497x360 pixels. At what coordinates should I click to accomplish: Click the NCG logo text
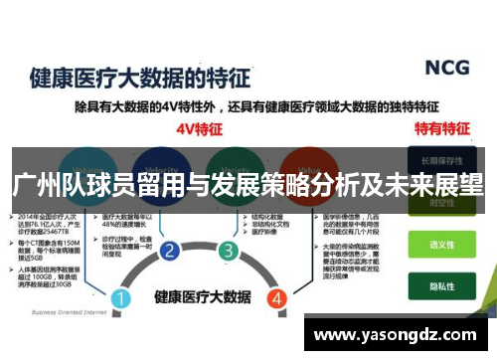coord(447,68)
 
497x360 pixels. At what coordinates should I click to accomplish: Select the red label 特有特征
coord(441,129)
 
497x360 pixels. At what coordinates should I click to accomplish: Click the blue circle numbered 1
coord(120,270)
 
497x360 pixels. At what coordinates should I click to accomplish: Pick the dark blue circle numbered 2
coord(170,251)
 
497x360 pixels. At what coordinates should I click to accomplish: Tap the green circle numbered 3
coord(228,251)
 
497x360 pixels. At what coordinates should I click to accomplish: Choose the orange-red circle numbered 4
coord(277,270)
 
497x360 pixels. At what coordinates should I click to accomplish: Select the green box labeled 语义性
coord(441,243)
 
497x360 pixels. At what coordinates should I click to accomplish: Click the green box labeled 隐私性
coord(441,281)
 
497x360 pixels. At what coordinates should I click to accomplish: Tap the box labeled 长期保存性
coord(441,159)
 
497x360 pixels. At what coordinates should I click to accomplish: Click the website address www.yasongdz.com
coord(397,334)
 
